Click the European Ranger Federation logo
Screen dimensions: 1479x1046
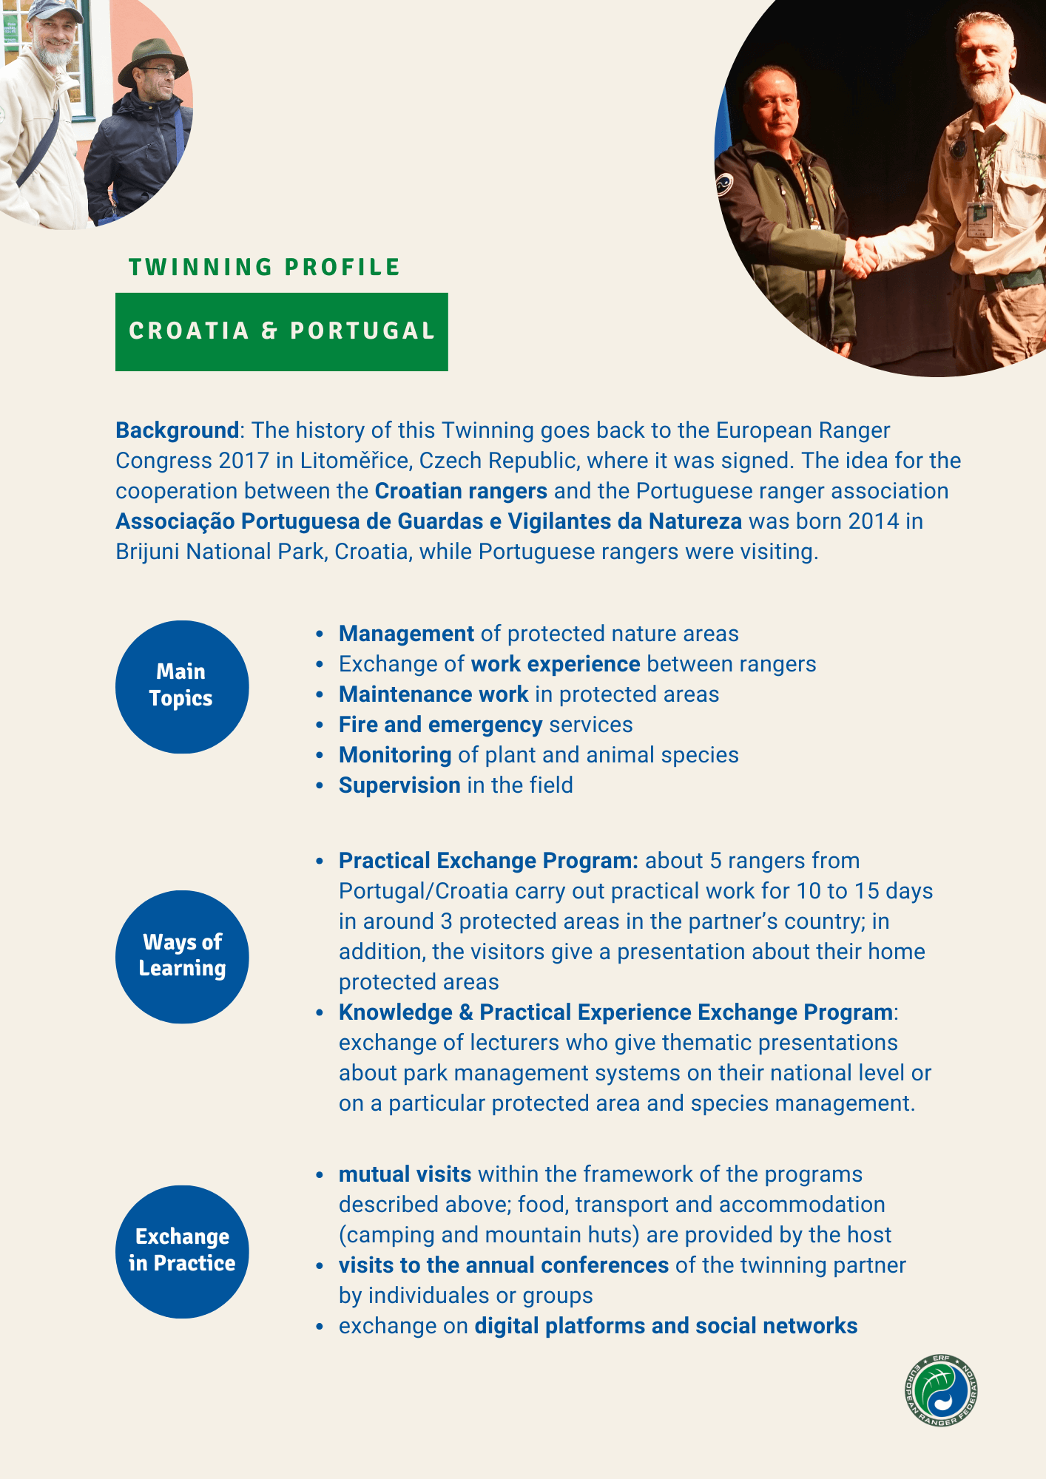tap(941, 1390)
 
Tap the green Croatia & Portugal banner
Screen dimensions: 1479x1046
tap(281, 331)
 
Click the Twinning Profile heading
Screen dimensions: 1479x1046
tap(264, 267)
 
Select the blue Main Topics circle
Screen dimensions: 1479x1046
tap(182, 687)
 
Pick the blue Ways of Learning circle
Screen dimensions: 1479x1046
tap(182, 957)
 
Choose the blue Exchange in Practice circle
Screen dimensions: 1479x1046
tap(182, 1251)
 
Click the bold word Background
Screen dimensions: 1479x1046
tap(177, 430)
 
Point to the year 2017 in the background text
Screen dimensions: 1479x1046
tap(244, 461)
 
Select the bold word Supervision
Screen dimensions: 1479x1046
tap(399, 785)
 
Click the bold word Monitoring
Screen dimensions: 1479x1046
tap(395, 755)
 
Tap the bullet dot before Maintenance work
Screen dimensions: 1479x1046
tap(320, 695)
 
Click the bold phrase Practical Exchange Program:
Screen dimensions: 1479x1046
tap(488, 861)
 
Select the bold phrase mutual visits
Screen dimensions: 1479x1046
tap(405, 1174)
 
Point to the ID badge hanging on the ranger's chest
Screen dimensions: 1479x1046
tap(980, 219)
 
